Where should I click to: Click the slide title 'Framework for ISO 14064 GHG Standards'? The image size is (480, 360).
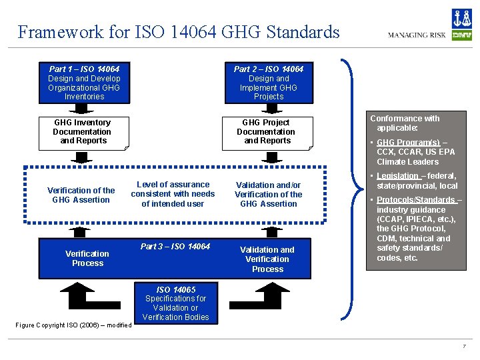[x=179, y=32]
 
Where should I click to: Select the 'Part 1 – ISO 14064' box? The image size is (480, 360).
[x=85, y=83]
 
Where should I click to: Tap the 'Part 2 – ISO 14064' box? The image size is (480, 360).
[x=268, y=83]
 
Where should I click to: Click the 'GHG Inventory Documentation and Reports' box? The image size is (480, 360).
[x=83, y=132]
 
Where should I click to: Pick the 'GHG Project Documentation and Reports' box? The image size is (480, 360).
[x=267, y=132]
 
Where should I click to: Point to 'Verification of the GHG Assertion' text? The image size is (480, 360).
[x=81, y=195]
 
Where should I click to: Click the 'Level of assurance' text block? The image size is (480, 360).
[x=173, y=194]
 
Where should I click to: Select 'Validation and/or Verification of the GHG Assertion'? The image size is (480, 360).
[x=268, y=195]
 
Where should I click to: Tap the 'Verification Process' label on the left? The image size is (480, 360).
[x=87, y=259]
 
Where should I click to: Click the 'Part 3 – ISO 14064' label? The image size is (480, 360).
[x=175, y=247]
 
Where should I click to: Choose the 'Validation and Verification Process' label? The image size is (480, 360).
[x=267, y=259]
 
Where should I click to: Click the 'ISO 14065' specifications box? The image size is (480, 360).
[x=176, y=303]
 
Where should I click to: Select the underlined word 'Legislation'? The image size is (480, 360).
[x=397, y=176]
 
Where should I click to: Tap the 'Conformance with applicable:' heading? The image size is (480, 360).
[x=405, y=123]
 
